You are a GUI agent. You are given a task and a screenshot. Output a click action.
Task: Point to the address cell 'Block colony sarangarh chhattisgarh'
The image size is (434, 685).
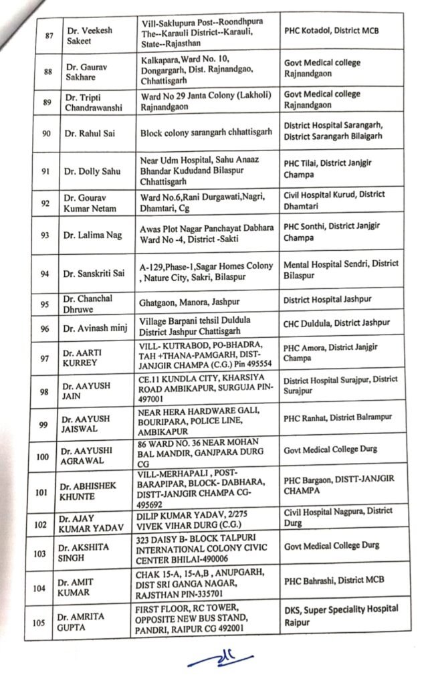click(206, 132)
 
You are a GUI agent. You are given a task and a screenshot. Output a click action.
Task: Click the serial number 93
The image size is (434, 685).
click(45, 234)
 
